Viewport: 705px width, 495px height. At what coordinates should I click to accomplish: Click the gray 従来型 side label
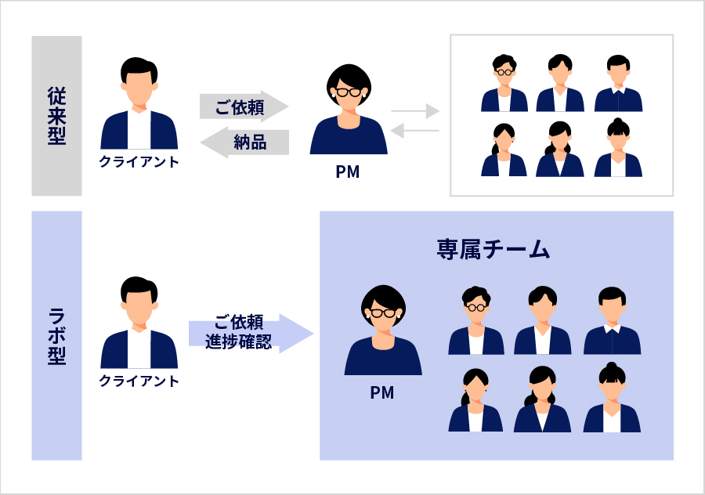pos(56,115)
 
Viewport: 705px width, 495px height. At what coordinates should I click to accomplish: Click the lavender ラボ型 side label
pos(56,335)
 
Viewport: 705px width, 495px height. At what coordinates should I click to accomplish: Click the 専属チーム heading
pos(493,250)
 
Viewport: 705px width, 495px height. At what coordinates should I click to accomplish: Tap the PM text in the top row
pos(347,172)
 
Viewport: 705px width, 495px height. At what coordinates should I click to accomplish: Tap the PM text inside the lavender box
pos(382,392)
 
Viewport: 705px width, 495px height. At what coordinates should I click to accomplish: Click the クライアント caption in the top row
pos(139,162)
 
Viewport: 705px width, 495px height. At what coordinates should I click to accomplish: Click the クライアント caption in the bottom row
pos(139,381)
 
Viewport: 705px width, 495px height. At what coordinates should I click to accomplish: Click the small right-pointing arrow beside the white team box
pos(415,111)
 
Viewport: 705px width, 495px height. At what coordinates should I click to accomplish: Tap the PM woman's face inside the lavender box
pos(382,316)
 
